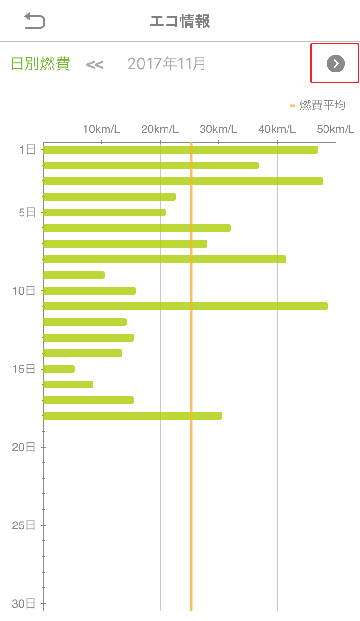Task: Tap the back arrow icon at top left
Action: [x=35, y=21]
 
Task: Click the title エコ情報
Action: [x=180, y=22]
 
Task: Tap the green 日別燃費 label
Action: [x=40, y=63]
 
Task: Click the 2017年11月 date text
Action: [x=167, y=63]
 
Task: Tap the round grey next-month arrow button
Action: [x=336, y=63]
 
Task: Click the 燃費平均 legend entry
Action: [x=318, y=105]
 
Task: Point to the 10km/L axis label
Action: [x=101, y=129]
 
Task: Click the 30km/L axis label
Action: [x=218, y=129]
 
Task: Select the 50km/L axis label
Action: [x=336, y=129]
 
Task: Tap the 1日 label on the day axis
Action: [x=27, y=150]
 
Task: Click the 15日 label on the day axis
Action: [x=24, y=369]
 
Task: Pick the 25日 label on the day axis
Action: [x=24, y=525]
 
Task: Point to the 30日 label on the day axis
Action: [x=24, y=604]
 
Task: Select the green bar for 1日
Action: [x=180, y=150]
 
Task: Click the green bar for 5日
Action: [x=104, y=213]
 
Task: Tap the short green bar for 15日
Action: [x=59, y=369]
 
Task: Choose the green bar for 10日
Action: [x=89, y=291]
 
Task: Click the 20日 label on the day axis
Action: [x=24, y=447]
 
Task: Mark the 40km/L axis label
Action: [x=277, y=129]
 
